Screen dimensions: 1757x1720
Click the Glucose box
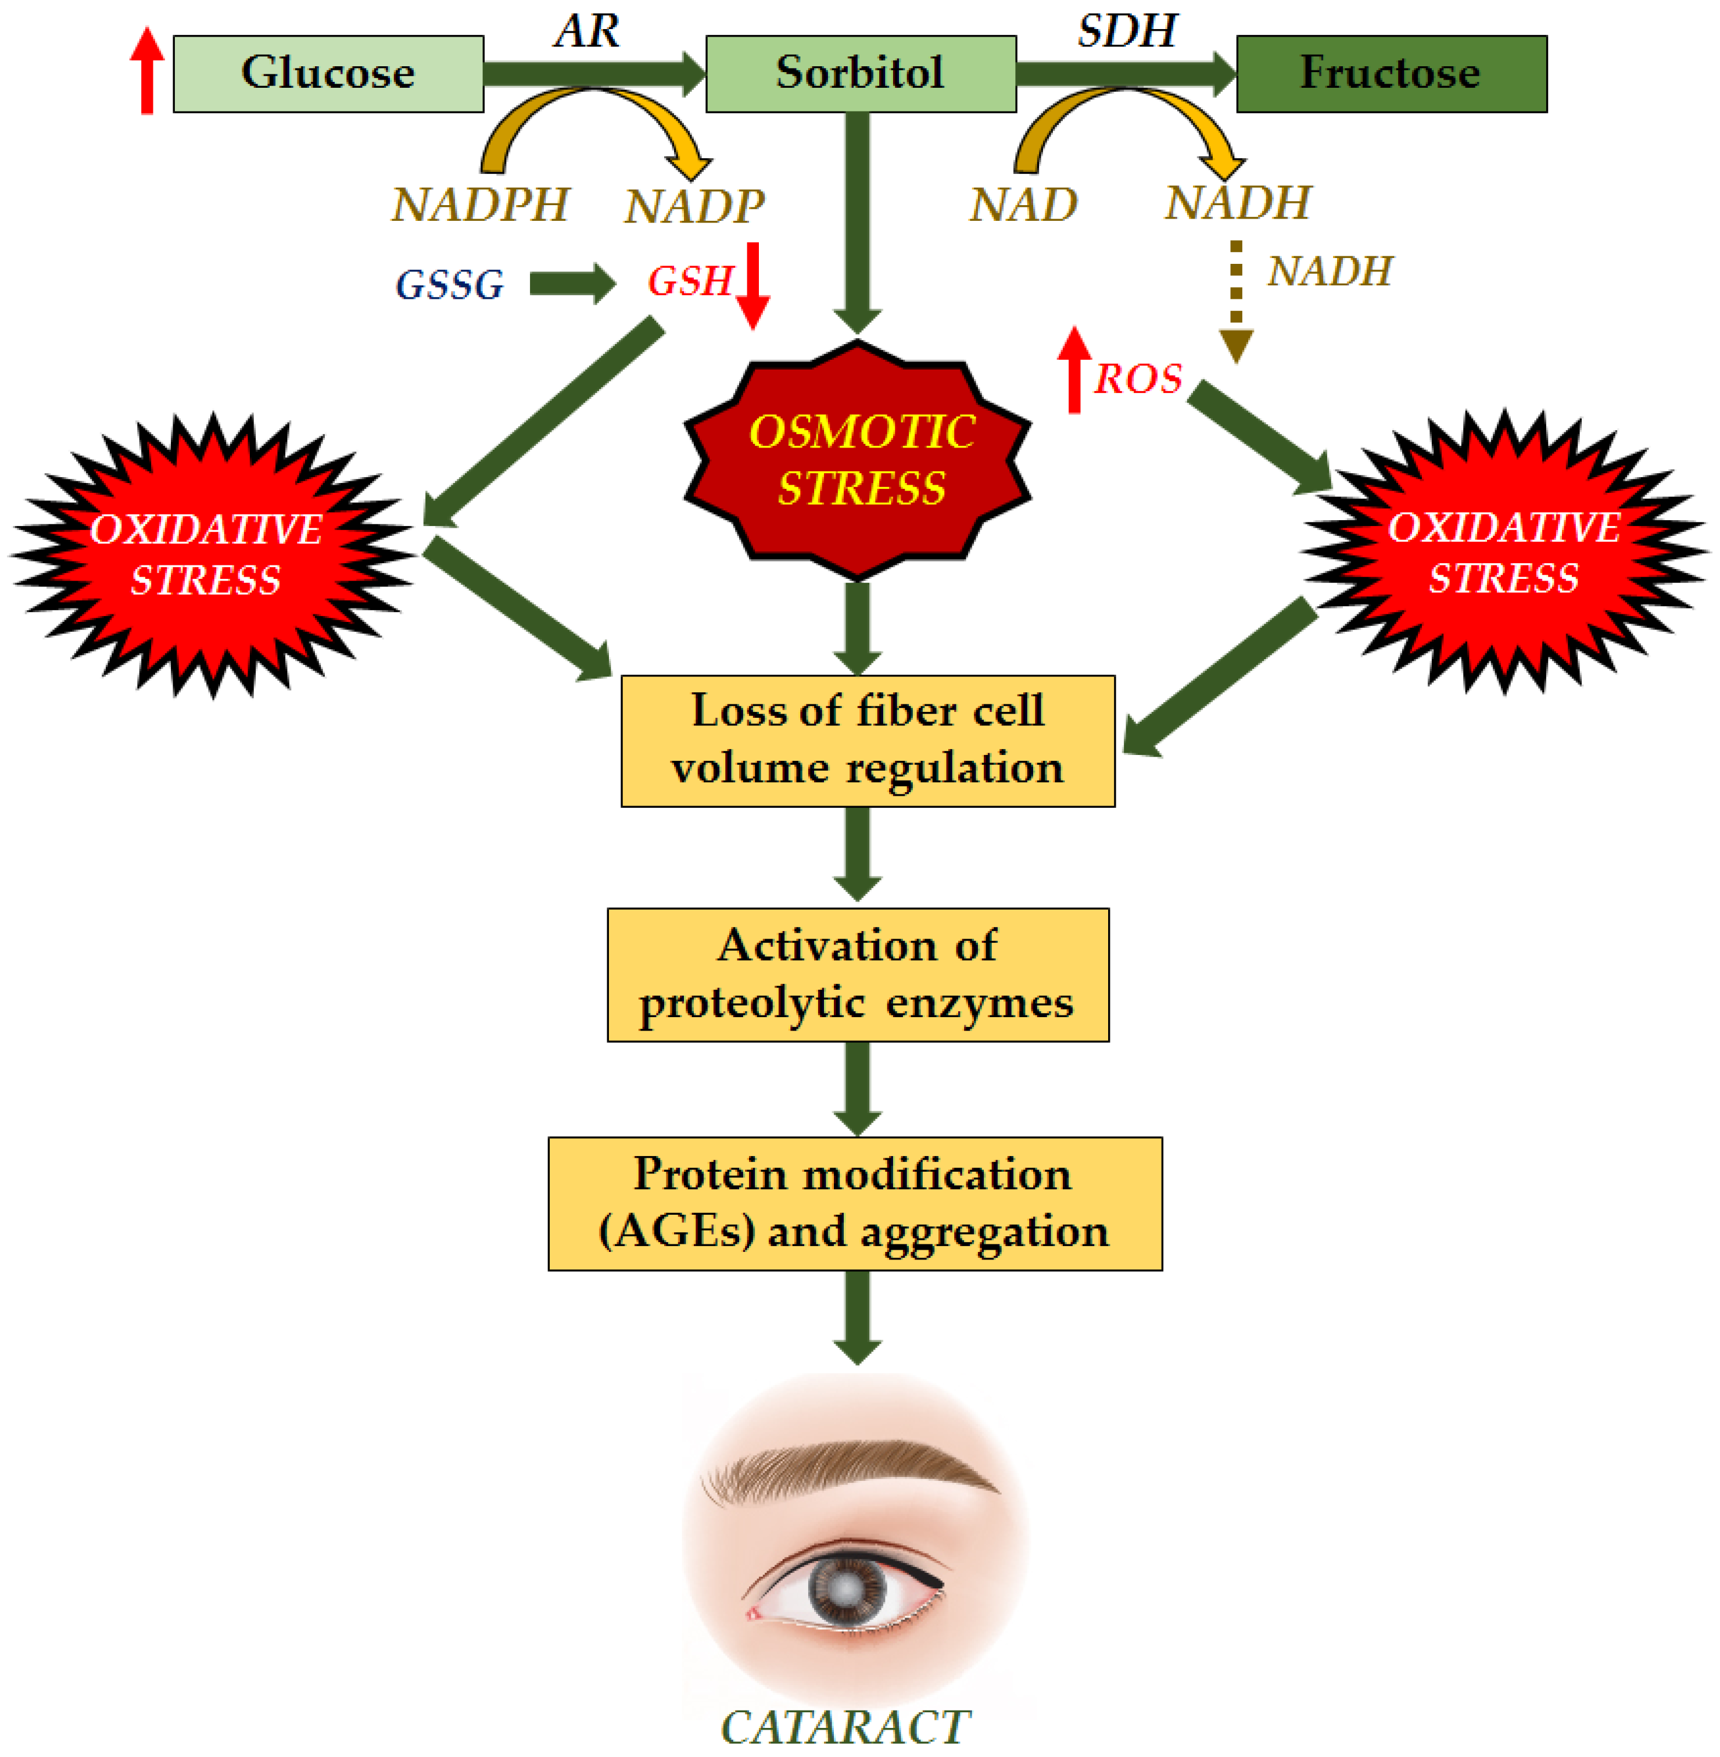(328, 73)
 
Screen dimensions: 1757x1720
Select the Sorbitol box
(860, 73)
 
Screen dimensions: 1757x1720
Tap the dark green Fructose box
(1391, 73)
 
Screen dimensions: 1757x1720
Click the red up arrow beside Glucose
(146, 70)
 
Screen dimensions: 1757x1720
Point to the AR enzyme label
(587, 31)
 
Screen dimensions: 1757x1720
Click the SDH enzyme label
(1127, 31)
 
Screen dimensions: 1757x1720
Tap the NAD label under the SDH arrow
(1023, 205)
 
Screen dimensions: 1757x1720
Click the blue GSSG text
(449, 285)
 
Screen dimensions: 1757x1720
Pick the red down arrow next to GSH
(752, 285)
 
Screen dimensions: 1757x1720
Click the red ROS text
(1137, 378)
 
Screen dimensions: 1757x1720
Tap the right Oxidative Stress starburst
(1504, 552)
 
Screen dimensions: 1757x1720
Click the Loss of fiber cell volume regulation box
(867, 740)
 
